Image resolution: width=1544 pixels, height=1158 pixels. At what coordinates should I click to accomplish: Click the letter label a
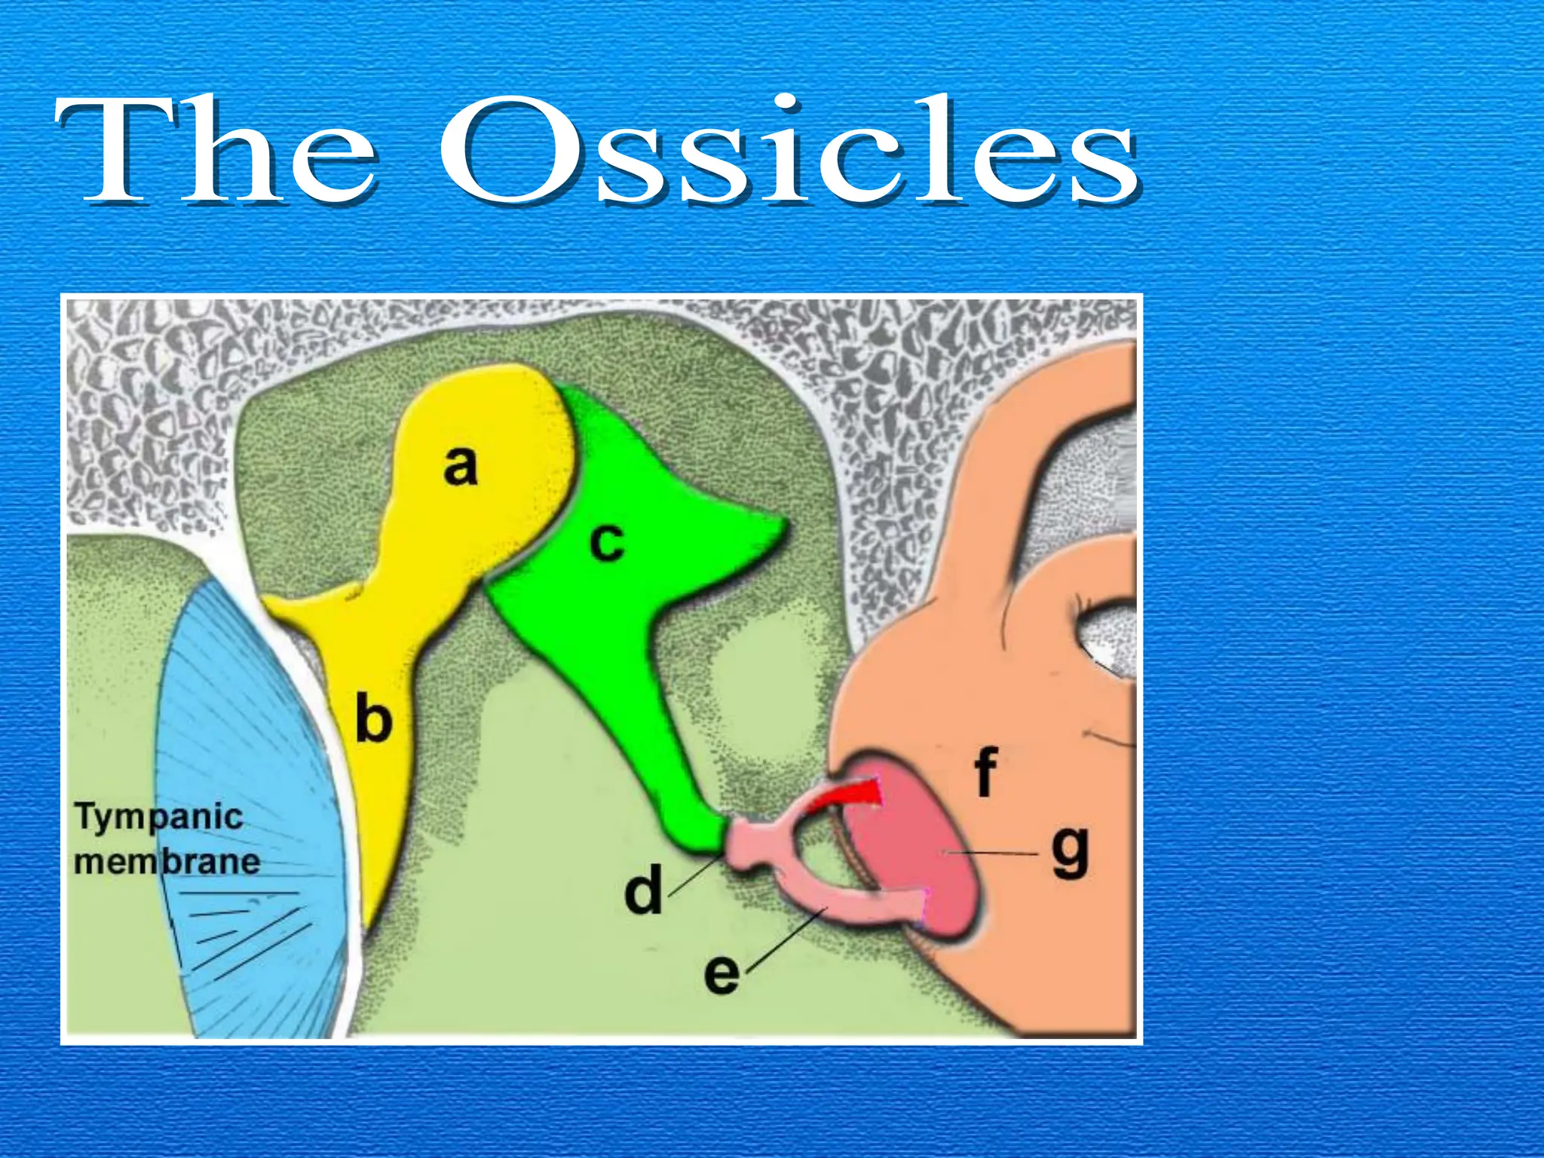461,465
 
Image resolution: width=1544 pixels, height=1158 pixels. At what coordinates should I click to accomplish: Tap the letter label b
374,720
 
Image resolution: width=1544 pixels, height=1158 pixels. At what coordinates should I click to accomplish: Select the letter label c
608,541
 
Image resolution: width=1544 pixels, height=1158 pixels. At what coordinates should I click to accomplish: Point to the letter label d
643,890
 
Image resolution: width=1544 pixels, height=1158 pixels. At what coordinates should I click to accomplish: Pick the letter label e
721,973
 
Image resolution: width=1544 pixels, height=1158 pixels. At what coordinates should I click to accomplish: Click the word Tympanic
159,817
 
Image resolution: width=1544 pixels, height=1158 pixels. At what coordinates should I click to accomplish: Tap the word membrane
167,862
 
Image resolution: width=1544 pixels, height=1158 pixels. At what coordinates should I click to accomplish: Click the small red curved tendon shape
848,795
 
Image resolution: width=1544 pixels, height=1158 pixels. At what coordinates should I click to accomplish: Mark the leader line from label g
995,853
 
